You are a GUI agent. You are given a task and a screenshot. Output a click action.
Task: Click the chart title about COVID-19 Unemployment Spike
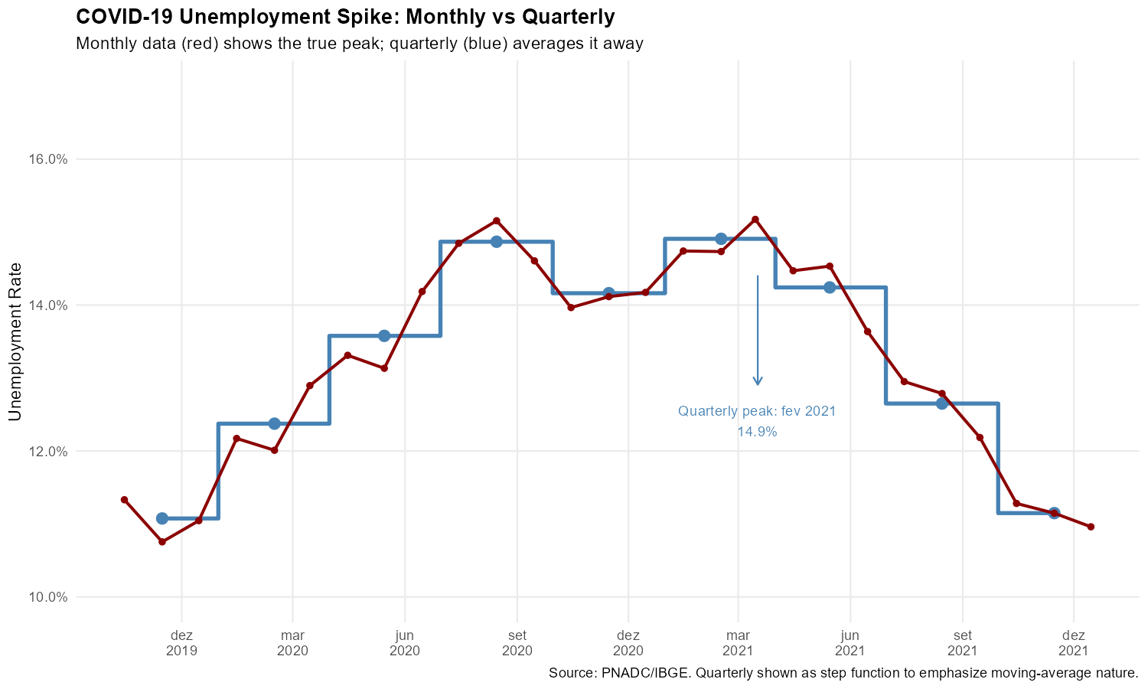(x=345, y=17)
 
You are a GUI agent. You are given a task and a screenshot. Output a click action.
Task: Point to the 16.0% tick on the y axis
(x=48, y=159)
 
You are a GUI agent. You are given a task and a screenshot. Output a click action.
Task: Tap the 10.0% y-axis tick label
(x=48, y=597)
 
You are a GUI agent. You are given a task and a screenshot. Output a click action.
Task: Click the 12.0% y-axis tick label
(x=48, y=451)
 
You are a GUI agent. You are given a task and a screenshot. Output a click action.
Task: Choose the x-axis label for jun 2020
(x=405, y=643)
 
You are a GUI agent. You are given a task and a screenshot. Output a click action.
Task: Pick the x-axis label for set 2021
(x=962, y=643)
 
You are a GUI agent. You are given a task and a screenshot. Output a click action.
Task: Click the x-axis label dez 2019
(x=181, y=643)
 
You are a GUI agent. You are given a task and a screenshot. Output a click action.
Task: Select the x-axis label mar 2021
(x=739, y=643)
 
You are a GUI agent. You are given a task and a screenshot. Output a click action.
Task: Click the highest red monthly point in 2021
(x=755, y=220)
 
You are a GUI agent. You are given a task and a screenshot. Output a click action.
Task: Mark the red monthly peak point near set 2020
(x=496, y=220)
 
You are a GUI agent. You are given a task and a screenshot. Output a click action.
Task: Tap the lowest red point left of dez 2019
(x=161, y=541)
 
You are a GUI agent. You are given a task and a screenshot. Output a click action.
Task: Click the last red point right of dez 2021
(x=1091, y=527)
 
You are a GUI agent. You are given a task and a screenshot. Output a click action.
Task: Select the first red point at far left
(x=124, y=500)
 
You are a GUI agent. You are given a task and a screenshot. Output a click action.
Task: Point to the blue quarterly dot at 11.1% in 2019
(x=161, y=518)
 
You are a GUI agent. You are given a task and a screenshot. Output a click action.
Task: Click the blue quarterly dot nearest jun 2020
(x=384, y=335)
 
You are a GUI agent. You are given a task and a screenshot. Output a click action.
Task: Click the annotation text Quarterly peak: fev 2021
(x=757, y=412)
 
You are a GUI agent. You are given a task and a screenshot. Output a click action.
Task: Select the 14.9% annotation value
(x=757, y=433)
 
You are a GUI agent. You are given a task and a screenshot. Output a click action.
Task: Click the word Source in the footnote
(x=568, y=674)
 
